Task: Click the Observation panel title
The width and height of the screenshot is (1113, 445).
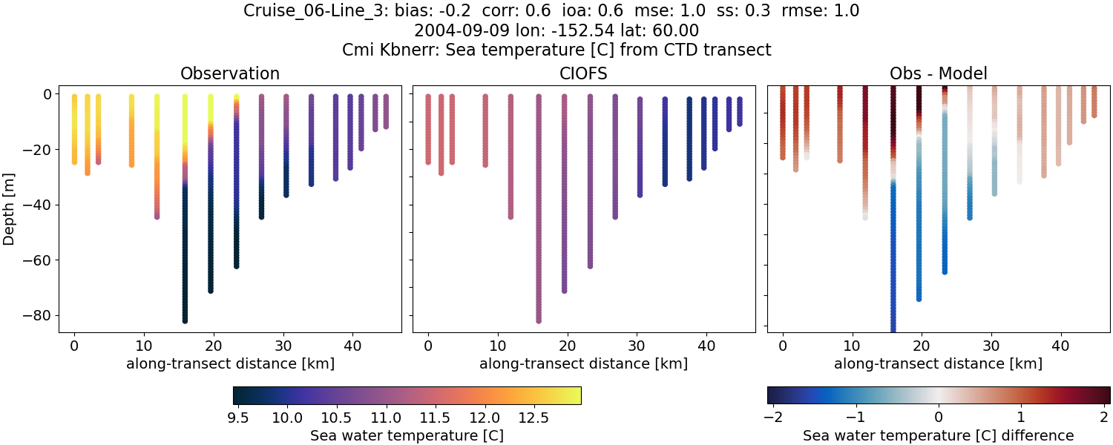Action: (230, 73)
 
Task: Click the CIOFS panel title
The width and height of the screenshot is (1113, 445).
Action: (584, 73)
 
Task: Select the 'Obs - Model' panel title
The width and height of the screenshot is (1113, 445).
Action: (939, 73)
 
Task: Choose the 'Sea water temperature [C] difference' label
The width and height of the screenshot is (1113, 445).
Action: (939, 435)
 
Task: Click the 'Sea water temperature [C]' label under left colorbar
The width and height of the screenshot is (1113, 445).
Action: (407, 435)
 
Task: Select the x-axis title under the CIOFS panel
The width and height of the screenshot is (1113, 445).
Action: (584, 363)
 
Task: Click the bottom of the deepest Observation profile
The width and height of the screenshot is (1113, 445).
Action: (185, 320)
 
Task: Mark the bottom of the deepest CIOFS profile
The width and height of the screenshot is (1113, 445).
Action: (539, 320)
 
